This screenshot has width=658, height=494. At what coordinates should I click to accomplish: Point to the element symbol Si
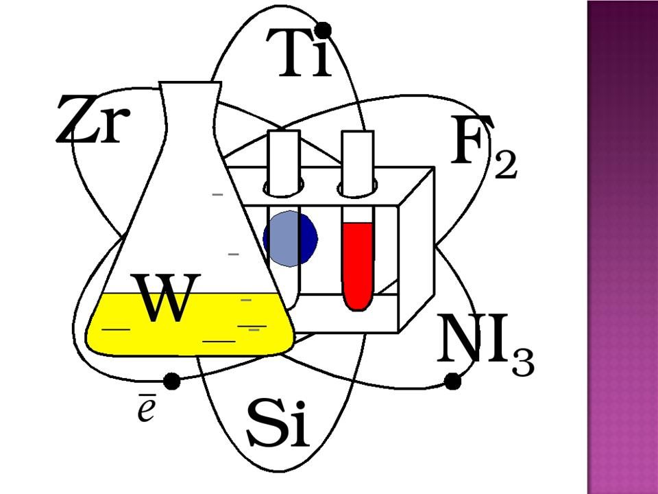point(278,422)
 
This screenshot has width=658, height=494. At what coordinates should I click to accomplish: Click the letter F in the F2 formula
point(472,142)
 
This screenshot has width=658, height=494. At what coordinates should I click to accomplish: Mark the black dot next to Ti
point(324,30)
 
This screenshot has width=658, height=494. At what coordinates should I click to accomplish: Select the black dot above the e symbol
point(172,381)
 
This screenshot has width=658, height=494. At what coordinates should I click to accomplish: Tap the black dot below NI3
point(452,381)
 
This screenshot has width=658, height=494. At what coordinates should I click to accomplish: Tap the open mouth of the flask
point(191,84)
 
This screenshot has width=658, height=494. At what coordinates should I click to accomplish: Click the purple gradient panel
point(622,247)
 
